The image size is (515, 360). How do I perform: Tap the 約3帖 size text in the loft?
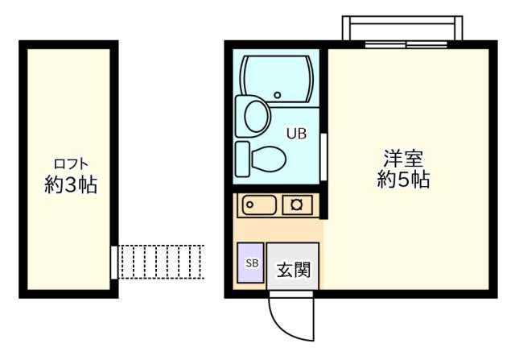[71, 185]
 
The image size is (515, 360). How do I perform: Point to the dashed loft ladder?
[161, 262]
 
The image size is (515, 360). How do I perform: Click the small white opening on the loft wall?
[114, 262]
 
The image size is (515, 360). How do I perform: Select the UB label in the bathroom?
[297, 135]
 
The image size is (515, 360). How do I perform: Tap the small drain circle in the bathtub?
[278, 95]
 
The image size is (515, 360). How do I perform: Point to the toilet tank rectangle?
[242, 157]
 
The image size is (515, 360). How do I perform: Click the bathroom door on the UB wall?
[323, 158]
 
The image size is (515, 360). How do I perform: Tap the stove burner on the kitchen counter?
[297, 205]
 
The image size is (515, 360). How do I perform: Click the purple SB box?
[251, 263]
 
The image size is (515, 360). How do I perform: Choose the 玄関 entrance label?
[293, 270]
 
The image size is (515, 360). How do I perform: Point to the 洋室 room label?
[403, 158]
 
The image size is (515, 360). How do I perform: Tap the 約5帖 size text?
[403, 180]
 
